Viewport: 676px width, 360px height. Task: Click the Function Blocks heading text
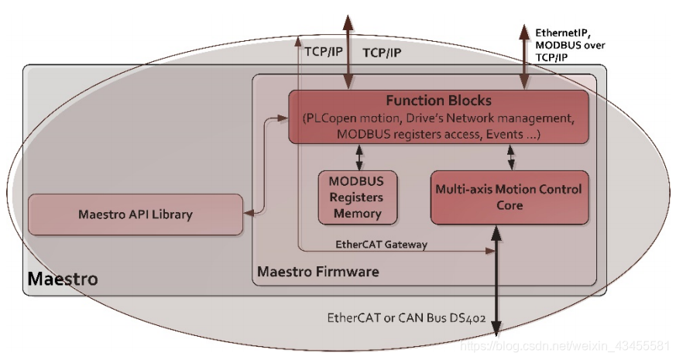tap(438, 101)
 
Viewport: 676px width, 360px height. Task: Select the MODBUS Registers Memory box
tap(358, 197)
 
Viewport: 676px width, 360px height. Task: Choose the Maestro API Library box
tap(135, 214)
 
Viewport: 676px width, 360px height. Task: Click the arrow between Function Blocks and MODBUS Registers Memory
tap(358, 157)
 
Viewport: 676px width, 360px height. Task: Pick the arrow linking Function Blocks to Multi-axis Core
tap(511, 157)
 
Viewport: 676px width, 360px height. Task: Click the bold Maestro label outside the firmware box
tap(63, 278)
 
